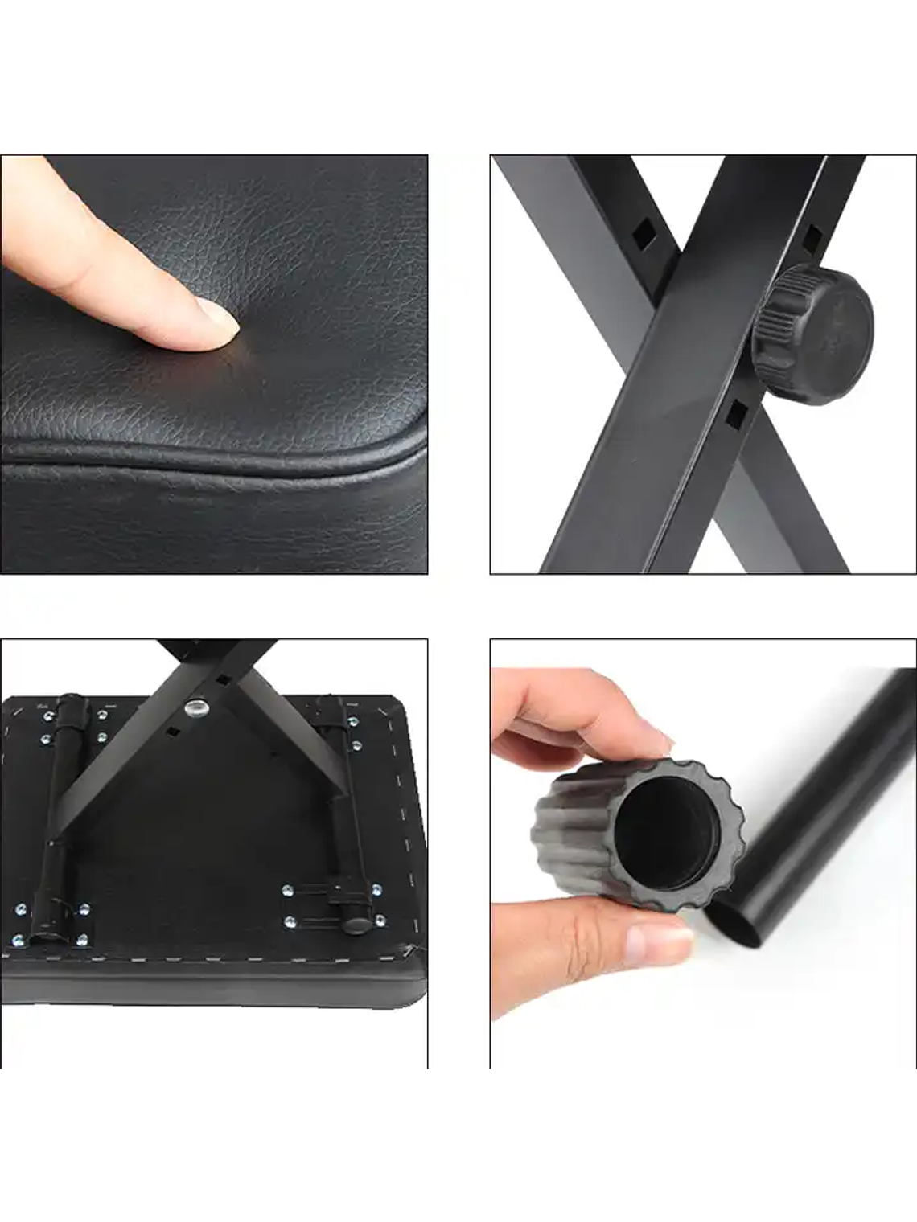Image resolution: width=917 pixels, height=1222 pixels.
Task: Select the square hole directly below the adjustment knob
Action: pos(735,413)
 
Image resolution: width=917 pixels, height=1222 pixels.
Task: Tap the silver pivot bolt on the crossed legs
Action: pos(195,707)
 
